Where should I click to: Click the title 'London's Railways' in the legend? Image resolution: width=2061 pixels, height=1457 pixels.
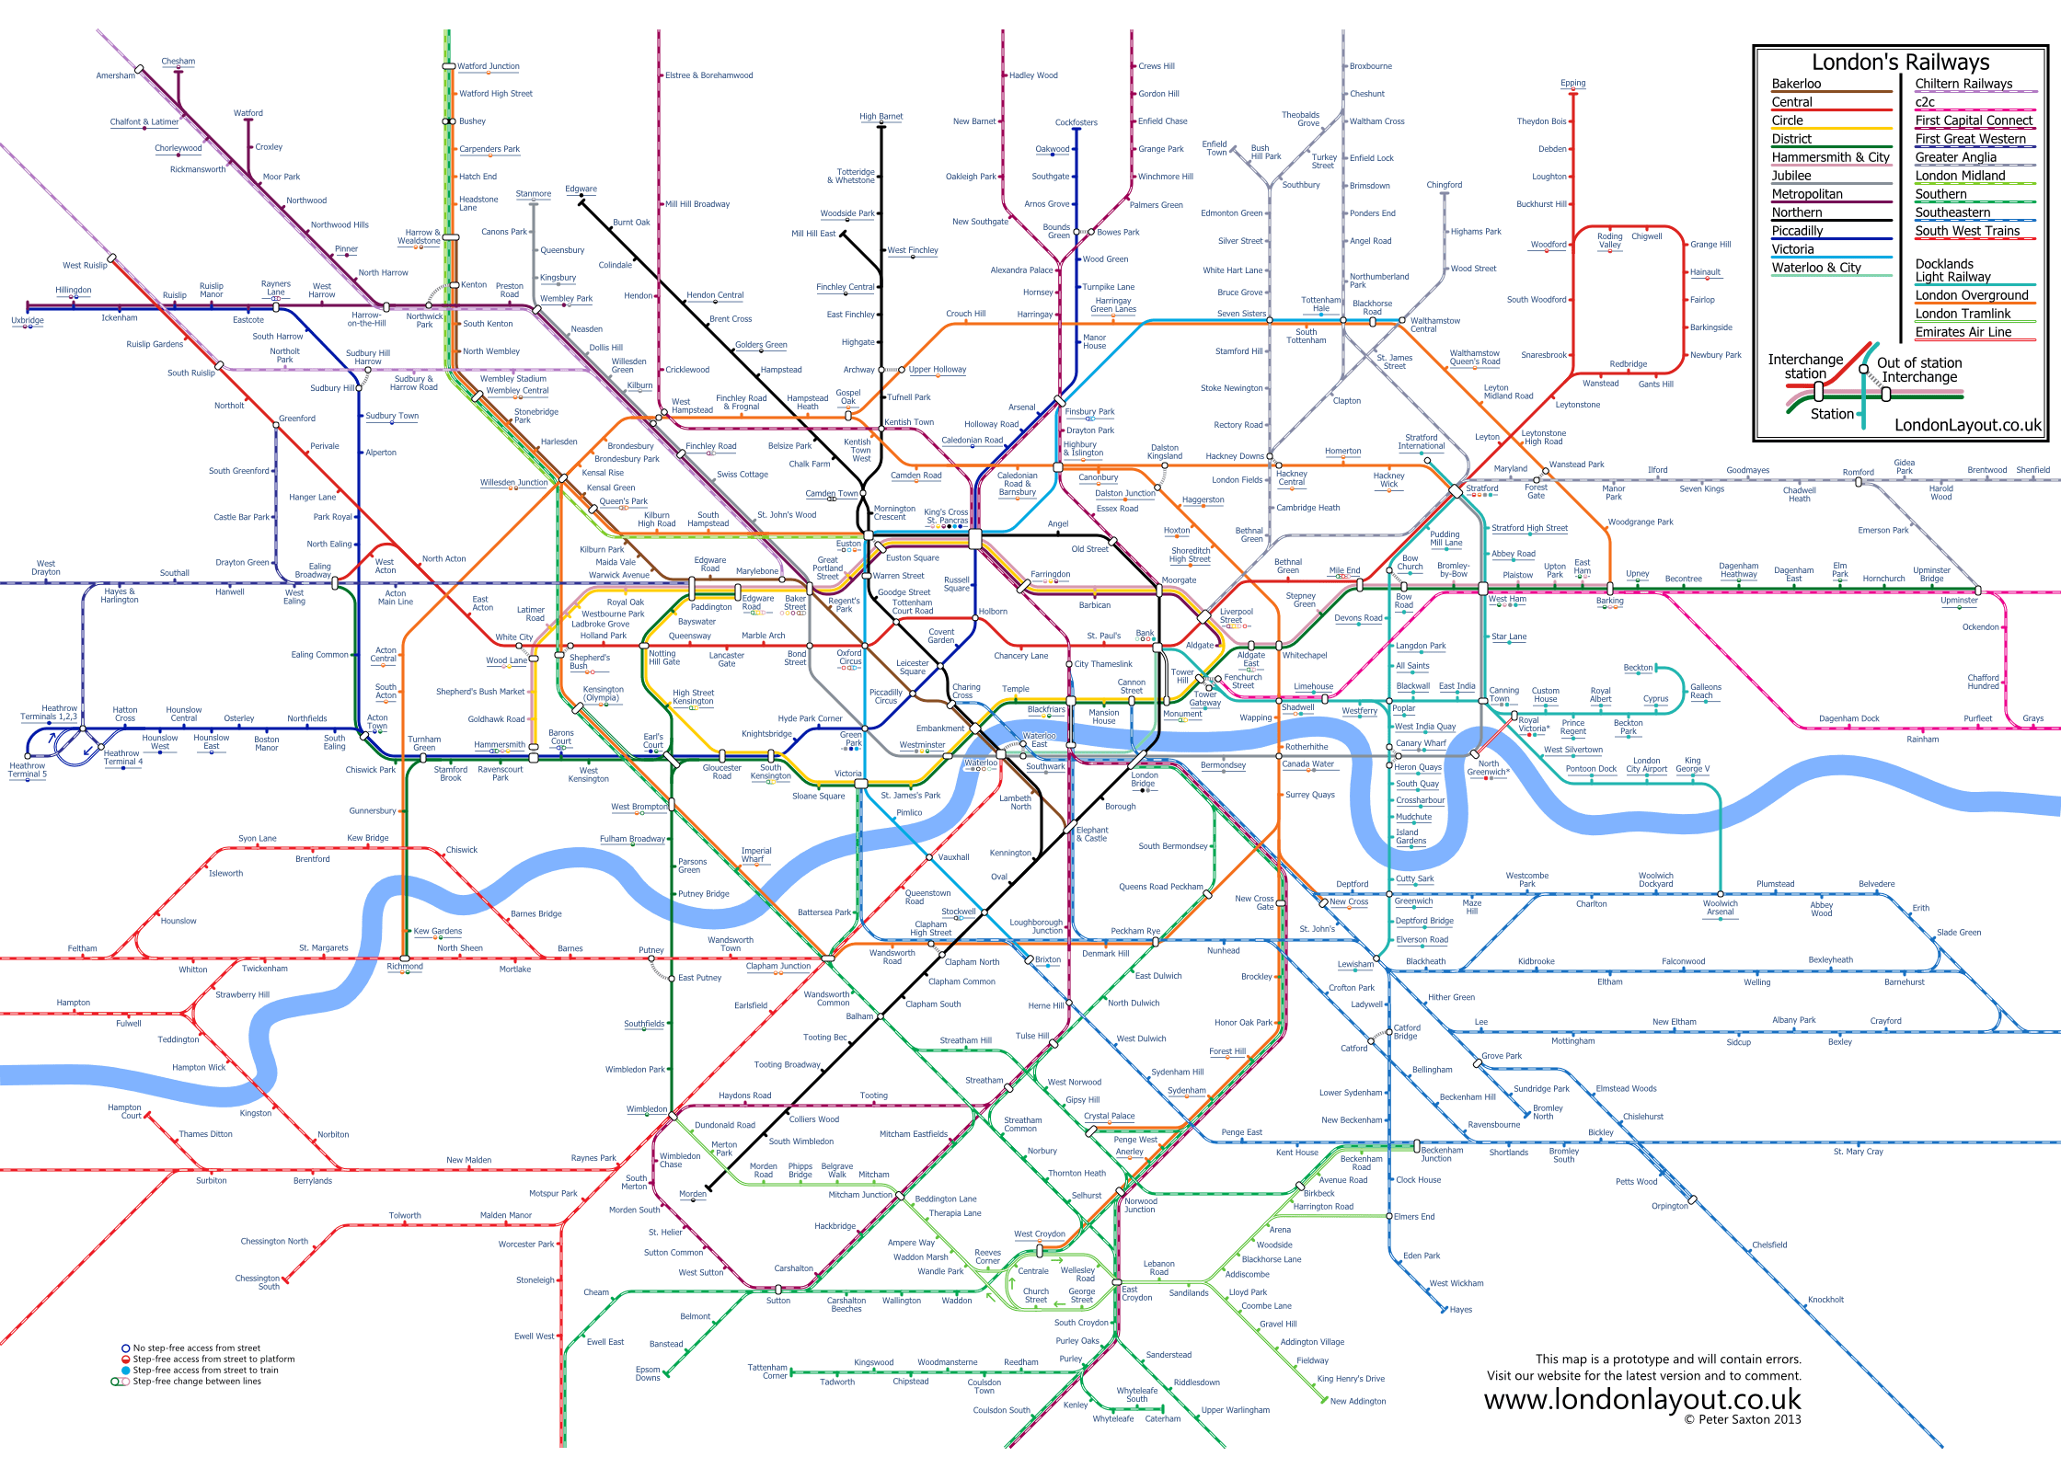coord(1900,63)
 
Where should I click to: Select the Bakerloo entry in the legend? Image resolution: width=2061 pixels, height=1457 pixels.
coord(1796,84)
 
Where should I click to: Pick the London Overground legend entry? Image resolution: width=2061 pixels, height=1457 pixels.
coord(1971,295)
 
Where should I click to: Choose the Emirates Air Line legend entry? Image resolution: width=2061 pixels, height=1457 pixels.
coord(1963,332)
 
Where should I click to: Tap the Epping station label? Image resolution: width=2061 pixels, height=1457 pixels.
coord(1572,83)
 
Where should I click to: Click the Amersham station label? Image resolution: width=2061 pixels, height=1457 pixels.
coord(115,75)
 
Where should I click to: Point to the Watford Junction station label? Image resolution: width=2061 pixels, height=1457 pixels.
coord(489,66)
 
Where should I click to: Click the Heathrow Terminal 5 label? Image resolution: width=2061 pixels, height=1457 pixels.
coord(28,770)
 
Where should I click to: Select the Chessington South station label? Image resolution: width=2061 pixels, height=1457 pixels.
coord(258,1282)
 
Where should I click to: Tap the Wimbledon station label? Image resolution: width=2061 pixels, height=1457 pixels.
coord(647,1109)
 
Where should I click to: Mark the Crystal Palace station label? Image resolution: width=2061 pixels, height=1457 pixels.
coord(1109,1116)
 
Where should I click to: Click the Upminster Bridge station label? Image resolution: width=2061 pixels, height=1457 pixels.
coord(1931,574)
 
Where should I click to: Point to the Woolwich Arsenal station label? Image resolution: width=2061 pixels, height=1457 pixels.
coord(1720,907)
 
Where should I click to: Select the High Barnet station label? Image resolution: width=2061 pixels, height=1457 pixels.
coord(881,117)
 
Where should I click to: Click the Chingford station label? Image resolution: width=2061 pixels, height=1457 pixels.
coord(1444,185)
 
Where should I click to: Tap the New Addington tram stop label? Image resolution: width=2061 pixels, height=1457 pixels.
coord(1358,1401)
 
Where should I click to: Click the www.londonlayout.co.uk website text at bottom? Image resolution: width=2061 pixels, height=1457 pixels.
coord(1641,1399)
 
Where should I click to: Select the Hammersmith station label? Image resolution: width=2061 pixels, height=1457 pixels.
coord(500,745)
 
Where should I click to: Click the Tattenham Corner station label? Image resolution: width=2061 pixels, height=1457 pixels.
coord(767,1371)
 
